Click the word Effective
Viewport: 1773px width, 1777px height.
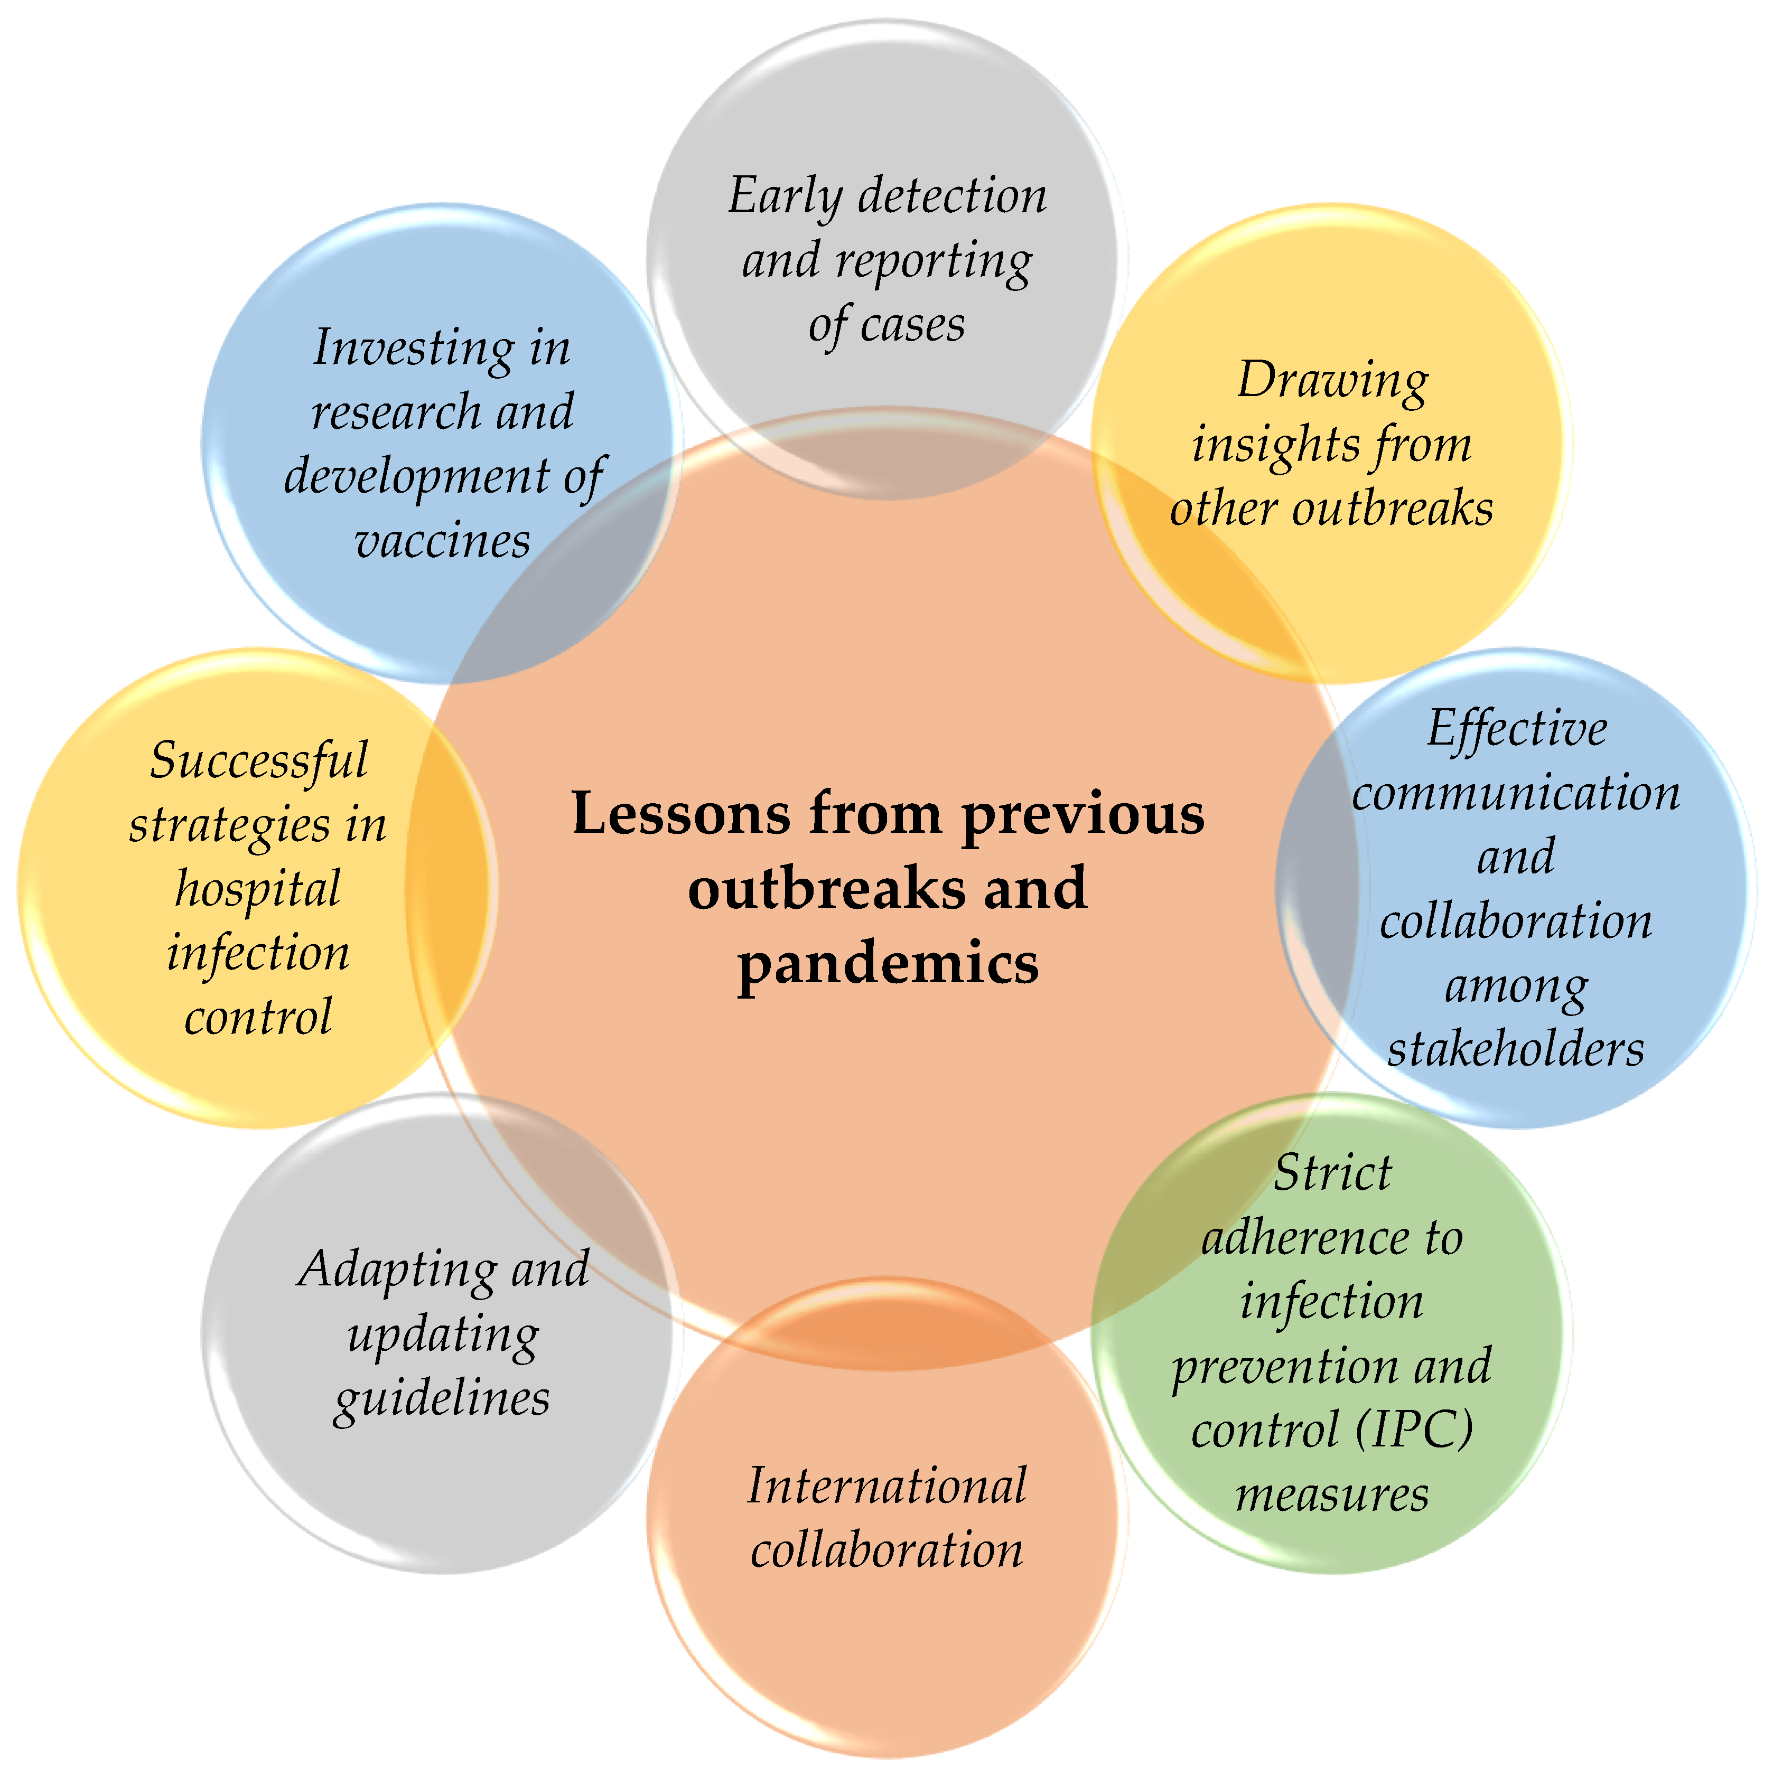click(x=1516, y=729)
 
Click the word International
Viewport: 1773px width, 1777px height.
click(x=886, y=1487)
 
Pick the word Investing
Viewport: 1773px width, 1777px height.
click(x=412, y=349)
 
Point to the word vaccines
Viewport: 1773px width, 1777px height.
click(x=442, y=541)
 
